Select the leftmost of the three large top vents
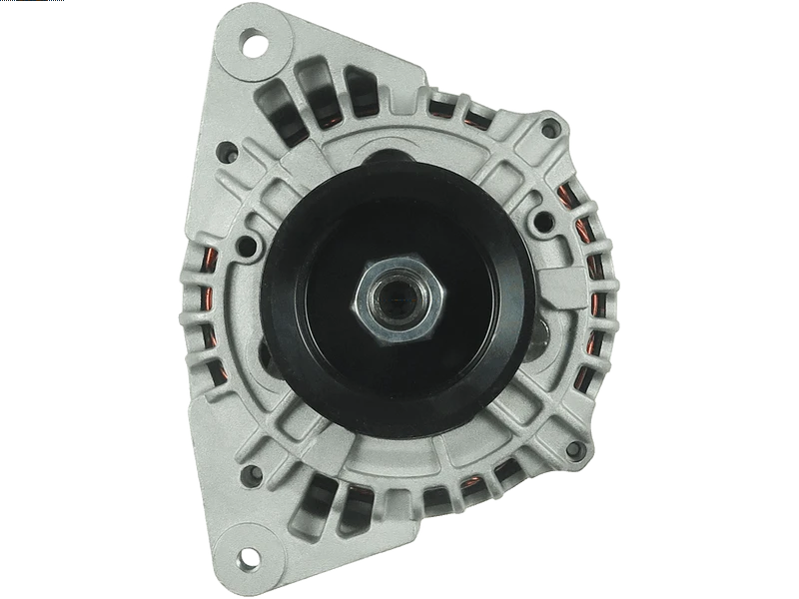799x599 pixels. tap(276, 103)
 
